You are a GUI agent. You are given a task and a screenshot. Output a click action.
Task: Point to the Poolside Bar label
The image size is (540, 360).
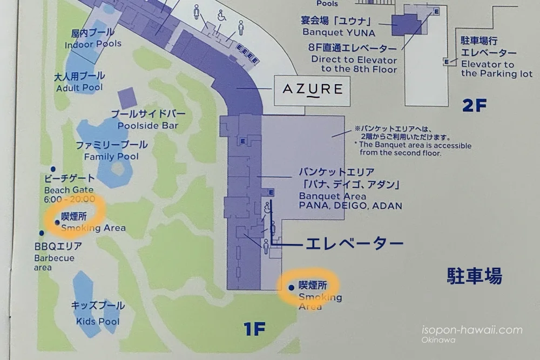(x=148, y=120)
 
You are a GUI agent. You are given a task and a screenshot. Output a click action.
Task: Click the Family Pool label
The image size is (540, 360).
(x=111, y=151)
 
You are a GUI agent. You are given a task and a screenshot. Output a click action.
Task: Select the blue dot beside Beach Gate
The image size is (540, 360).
(x=53, y=169)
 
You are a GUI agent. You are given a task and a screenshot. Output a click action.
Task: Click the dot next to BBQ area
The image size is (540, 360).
(x=41, y=233)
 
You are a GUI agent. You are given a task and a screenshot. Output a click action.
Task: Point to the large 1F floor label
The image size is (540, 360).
(x=254, y=328)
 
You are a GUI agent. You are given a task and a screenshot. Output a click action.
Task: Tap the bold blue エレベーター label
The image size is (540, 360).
(x=355, y=244)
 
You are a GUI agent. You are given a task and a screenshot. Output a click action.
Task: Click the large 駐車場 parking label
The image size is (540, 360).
(x=474, y=276)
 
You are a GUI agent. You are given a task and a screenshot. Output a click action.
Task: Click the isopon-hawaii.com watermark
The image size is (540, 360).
(x=471, y=330)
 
